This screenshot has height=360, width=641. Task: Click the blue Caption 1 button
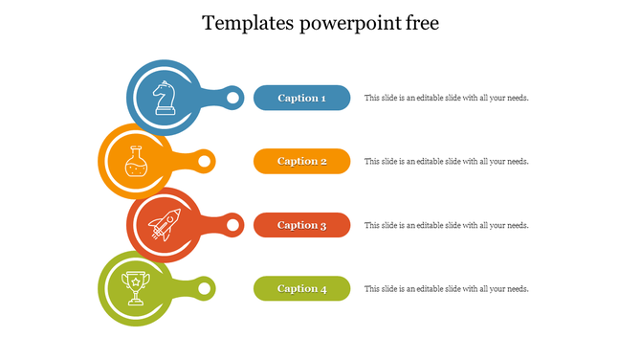(301, 98)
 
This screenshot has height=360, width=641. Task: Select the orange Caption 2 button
(301, 161)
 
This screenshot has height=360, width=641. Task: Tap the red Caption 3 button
(301, 225)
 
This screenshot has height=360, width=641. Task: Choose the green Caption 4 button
(301, 288)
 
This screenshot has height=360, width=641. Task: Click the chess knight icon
(166, 97)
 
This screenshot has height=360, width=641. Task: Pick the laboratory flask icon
(137, 160)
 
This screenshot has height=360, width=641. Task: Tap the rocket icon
(165, 224)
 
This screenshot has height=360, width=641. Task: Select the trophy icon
(137, 286)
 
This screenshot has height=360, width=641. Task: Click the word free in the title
(422, 24)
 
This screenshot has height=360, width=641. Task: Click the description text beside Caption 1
(446, 98)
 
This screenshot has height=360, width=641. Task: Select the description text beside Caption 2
(446, 161)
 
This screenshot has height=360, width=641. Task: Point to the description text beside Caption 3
(446, 225)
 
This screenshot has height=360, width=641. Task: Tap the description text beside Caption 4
(446, 288)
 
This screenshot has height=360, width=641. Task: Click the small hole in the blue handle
(232, 98)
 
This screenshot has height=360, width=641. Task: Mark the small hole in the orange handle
(204, 161)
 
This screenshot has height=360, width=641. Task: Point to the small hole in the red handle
(232, 225)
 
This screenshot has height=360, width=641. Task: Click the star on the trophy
(137, 281)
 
